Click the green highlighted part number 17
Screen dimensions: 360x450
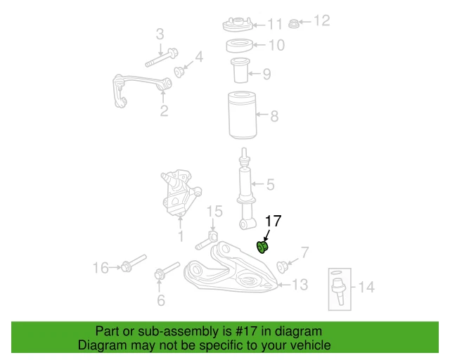[263, 247]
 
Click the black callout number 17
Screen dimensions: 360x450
[273, 221]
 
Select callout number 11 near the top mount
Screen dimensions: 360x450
[275, 25]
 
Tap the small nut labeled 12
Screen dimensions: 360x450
[295, 23]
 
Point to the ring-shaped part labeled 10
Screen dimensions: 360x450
[240, 46]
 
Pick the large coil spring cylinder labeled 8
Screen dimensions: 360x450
[242, 115]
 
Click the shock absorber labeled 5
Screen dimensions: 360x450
[246, 190]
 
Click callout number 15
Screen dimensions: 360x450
[214, 211]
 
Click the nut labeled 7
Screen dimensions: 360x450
[284, 266]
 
